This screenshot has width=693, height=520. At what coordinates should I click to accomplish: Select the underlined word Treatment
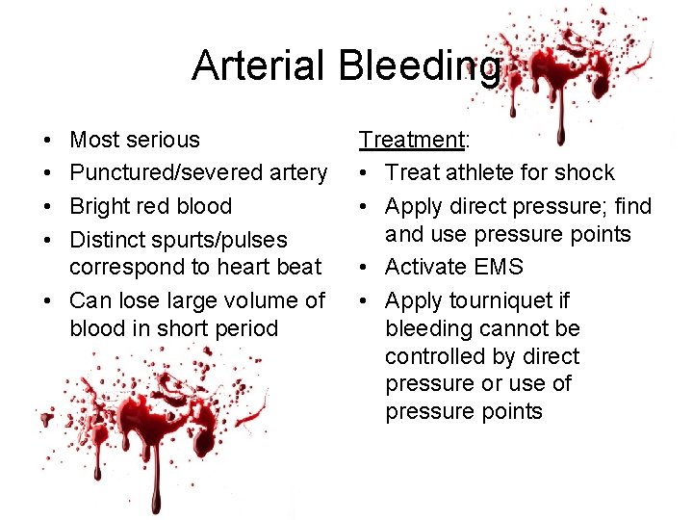coord(411,140)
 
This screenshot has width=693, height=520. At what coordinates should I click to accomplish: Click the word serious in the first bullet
coord(163,140)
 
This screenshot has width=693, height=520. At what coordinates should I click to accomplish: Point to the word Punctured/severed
coord(156,172)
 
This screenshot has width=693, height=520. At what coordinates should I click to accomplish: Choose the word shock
coord(587,172)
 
